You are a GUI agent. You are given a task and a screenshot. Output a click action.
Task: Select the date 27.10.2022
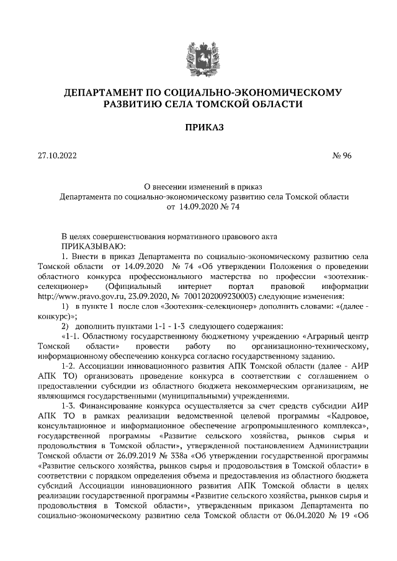[58, 157]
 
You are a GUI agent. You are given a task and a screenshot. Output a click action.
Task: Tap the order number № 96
[342, 157]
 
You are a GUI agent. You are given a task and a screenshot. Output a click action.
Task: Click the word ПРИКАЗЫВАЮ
[91, 246]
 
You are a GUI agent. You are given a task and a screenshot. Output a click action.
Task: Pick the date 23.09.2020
[148, 296]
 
